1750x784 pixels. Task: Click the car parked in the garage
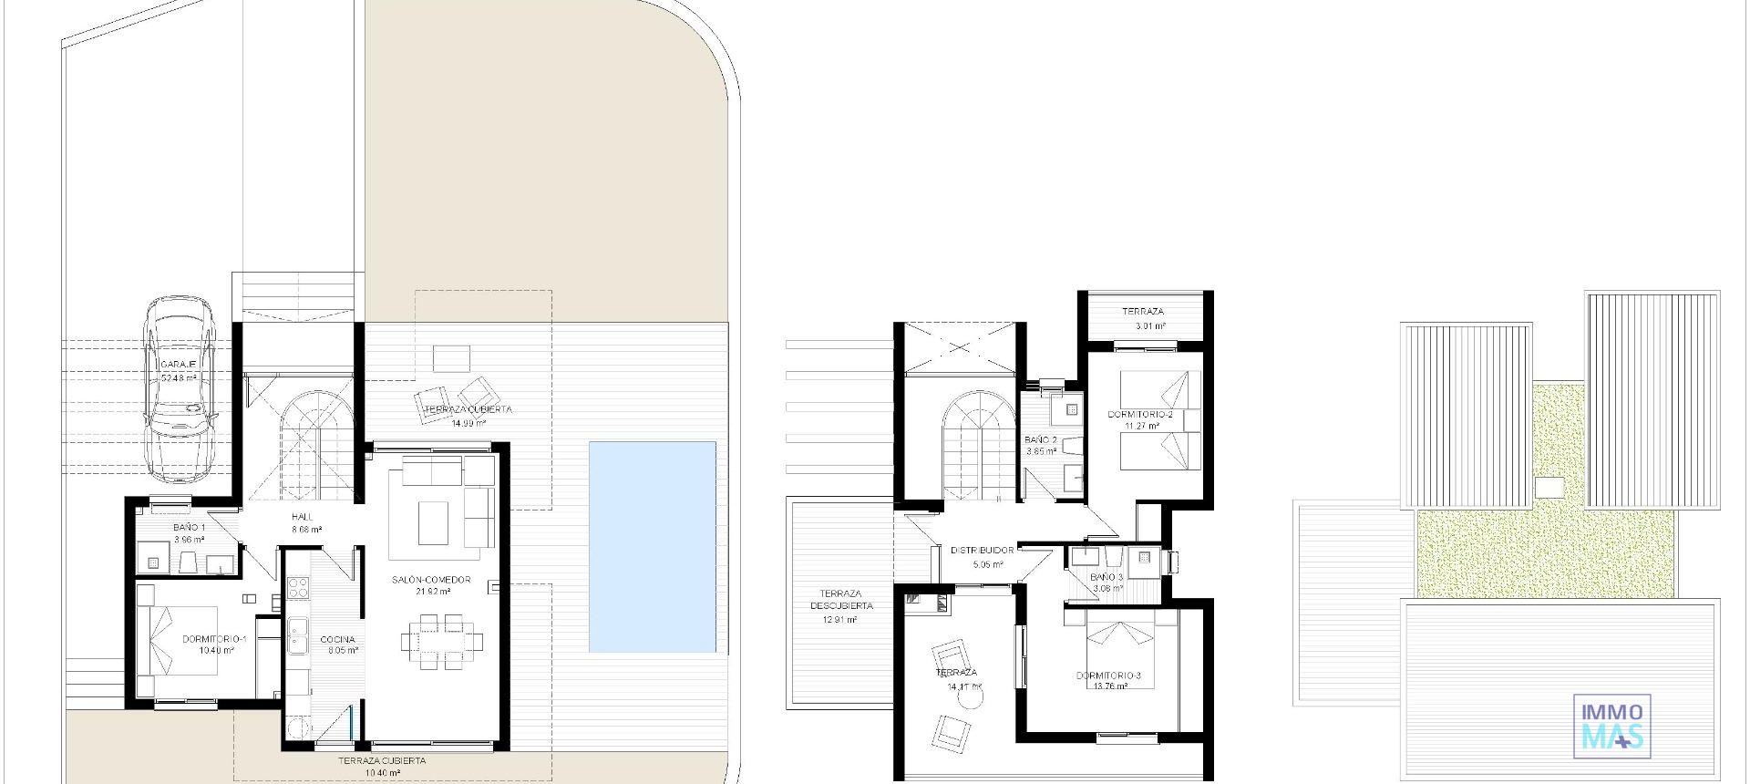(x=180, y=389)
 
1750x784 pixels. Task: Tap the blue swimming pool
(x=652, y=547)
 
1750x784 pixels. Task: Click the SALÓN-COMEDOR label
(x=431, y=580)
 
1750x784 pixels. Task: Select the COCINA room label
(x=337, y=639)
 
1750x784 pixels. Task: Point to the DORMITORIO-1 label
(x=214, y=639)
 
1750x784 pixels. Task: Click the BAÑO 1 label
(x=189, y=528)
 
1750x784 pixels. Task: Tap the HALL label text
(x=302, y=517)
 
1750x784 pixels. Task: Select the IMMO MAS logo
(x=1612, y=725)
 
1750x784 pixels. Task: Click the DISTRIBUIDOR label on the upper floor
(x=982, y=551)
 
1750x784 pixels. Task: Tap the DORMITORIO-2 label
(x=1140, y=415)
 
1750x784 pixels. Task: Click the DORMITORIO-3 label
(x=1108, y=676)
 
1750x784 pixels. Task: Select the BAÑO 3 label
(x=1107, y=577)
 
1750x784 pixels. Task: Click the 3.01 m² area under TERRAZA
(x=1150, y=325)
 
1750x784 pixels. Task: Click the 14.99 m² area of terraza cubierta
(x=468, y=423)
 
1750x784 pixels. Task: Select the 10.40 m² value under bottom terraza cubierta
(x=382, y=772)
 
